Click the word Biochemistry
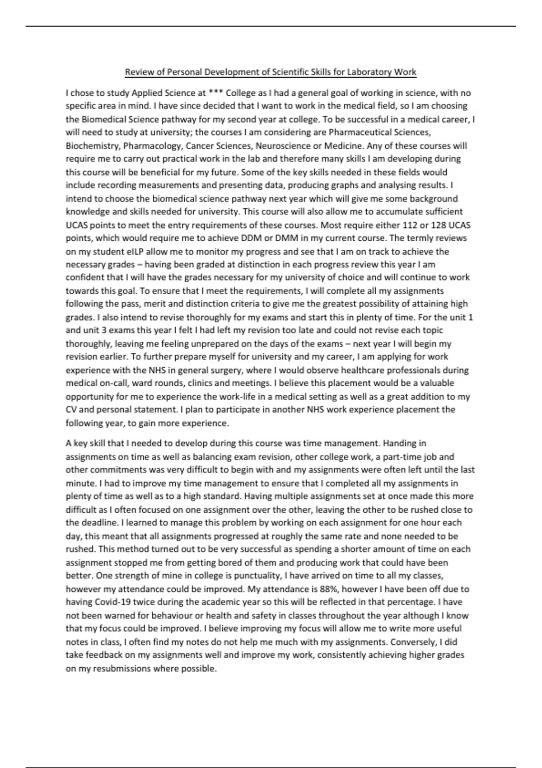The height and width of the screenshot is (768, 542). (x=92, y=146)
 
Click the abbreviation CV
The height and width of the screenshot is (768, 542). (x=72, y=410)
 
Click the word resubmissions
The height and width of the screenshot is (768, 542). (x=121, y=669)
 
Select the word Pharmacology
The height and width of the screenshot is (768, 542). (x=152, y=146)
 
